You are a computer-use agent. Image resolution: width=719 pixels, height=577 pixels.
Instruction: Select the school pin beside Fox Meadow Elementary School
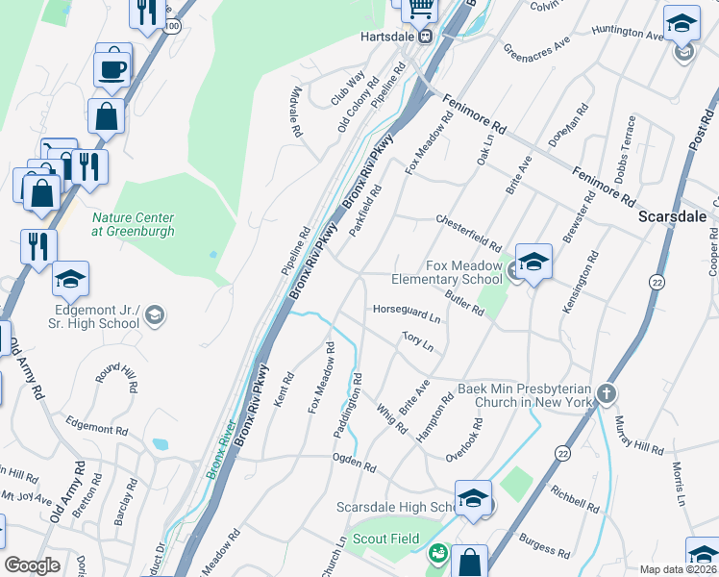pyautogui.click(x=533, y=262)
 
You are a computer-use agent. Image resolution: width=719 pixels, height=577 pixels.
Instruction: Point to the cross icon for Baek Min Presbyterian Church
pyautogui.click(x=606, y=393)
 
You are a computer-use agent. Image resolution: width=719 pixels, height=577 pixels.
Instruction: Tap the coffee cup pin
pyautogui.click(x=111, y=68)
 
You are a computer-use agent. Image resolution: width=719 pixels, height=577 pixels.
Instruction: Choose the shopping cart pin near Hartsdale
pyautogui.click(x=419, y=8)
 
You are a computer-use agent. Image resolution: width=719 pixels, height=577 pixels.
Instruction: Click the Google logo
pyautogui.click(x=32, y=565)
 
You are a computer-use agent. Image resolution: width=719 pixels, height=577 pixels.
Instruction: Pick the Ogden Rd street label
pyautogui.click(x=355, y=465)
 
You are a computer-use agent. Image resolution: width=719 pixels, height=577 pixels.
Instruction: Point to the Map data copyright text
pyautogui.click(x=678, y=569)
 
